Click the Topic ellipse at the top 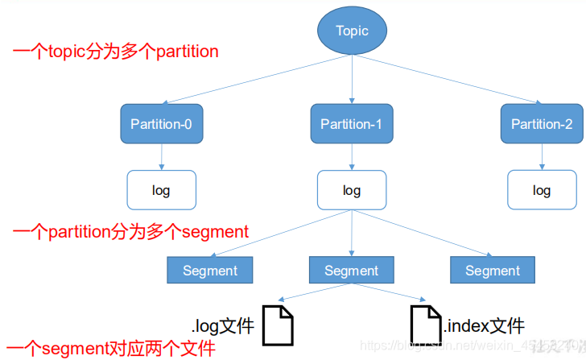click(x=352, y=31)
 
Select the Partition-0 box click(x=161, y=124)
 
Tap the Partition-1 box click(x=351, y=124)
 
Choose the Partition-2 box click(x=542, y=124)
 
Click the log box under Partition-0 click(x=161, y=191)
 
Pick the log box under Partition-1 click(x=351, y=191)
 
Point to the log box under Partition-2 click(x=542, y=191)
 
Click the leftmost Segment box click(x=210, y=271)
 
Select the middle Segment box click(x=352, y=271)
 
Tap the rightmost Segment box click(x=493, y=271)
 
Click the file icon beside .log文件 click(x=279, y=324)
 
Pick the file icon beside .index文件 click(x=426, y=324)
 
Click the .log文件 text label click(x=223, y=325)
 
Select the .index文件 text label click(x=485, y=325)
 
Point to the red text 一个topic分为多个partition click(x=116, y=52)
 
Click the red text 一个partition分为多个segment click(x=131, y=232)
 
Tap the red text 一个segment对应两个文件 click(x=109, y=349)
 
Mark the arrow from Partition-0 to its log click(x=161, y=156)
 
